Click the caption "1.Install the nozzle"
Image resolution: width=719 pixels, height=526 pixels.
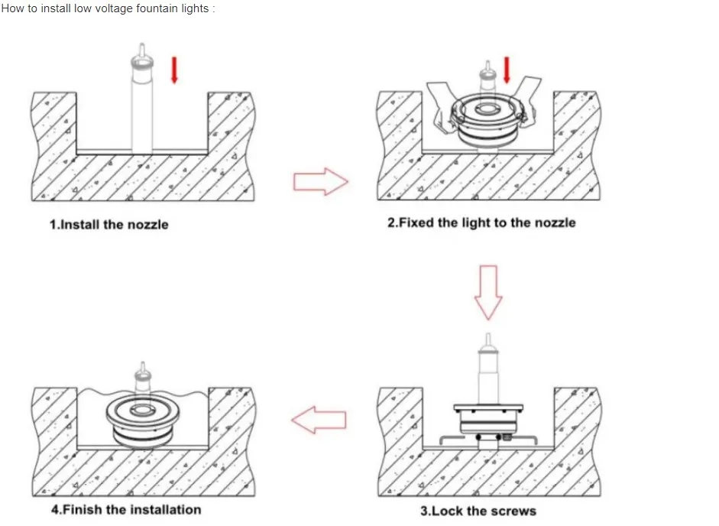coord(108,225)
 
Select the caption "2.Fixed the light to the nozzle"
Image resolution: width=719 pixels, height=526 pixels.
coord(481,222)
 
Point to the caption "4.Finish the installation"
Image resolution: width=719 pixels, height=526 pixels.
coord(126,509)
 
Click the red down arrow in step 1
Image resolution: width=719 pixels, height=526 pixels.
coord(175,70)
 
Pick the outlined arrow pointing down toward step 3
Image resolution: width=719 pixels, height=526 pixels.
coord(488,291)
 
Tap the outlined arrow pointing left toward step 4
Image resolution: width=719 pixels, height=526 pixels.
coord(319,419)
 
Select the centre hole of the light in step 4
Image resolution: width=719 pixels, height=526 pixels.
coord(142,411)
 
